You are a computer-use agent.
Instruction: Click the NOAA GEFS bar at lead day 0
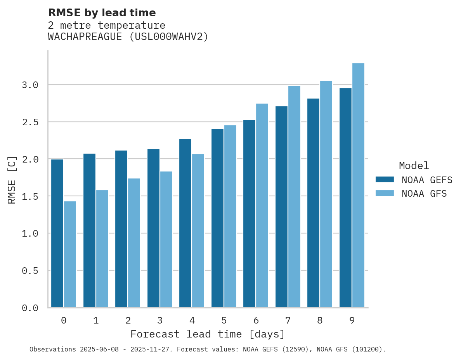point(57,233)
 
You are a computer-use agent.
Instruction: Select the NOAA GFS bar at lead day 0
point(70,254)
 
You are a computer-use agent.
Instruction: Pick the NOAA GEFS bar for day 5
point(217,218)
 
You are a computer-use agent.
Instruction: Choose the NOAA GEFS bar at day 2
point(121,229)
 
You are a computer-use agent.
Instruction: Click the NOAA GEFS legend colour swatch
point(385,180)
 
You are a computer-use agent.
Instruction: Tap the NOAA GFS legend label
point(424,193)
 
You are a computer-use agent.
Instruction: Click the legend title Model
point(414,166)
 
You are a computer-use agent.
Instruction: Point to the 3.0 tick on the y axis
point(30,85)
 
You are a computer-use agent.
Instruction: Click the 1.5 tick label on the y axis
point(30,196)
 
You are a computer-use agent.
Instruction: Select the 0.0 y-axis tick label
point(30,308)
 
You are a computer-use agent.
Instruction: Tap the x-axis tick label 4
point(192,320)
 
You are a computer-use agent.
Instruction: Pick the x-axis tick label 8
point(320,320)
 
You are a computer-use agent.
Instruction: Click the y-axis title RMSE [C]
point(12,180)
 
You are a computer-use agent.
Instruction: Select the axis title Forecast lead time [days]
point(208,334)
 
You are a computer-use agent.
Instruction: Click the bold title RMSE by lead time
point(102,13)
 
